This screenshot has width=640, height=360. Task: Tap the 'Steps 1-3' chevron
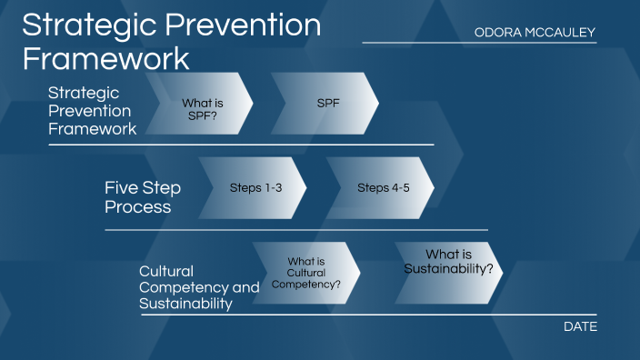tap(255, 188)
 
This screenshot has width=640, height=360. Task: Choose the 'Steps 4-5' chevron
tap(382, 188)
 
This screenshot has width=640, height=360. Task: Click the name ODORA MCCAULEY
tap(535, 33)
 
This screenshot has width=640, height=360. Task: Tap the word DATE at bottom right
tap(580, 326)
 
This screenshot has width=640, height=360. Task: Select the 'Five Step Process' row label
tap(143, 197)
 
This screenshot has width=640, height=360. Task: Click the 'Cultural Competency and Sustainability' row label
tap(198, 287)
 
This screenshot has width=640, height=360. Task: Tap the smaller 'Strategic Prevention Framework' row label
tap(92, 111)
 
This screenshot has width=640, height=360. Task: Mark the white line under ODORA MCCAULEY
tap(479, 43)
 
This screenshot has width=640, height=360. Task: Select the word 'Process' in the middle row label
tap(139, 206)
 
